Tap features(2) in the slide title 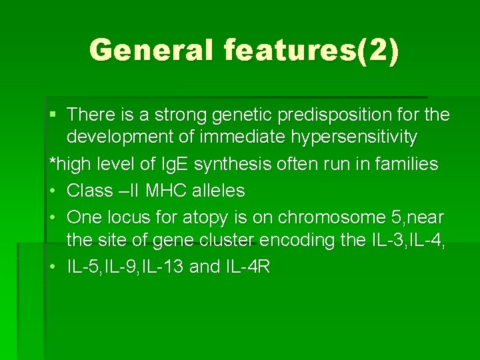point(312,51)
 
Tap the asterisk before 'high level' point(53,162)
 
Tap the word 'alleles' point(219,191)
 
